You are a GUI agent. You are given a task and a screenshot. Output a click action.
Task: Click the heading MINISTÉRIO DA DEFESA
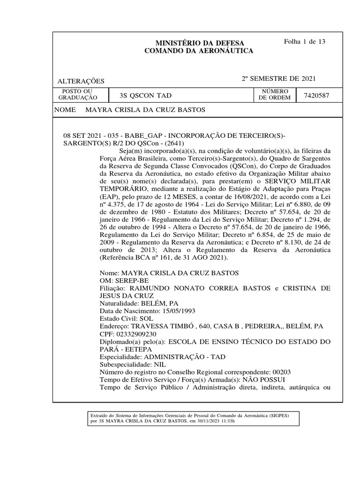pyautogui.click(x=197, y=43)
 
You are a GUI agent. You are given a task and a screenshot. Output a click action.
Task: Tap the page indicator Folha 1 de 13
pyautogui.click(x=305, y=41)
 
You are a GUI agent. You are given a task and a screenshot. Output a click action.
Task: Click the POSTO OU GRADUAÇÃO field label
pyautogui.click(x=77, y=94)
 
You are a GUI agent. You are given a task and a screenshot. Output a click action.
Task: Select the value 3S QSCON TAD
pyautogui.click(x=146, y=96)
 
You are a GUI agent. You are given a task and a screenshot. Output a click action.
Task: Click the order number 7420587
pyautogui.click(x=316, y=95)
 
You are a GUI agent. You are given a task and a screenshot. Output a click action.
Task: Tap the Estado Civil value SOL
pyautogui.click(x=146, y=318)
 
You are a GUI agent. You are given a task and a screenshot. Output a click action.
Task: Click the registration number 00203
pyautogui.click(x=281, y=372)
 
